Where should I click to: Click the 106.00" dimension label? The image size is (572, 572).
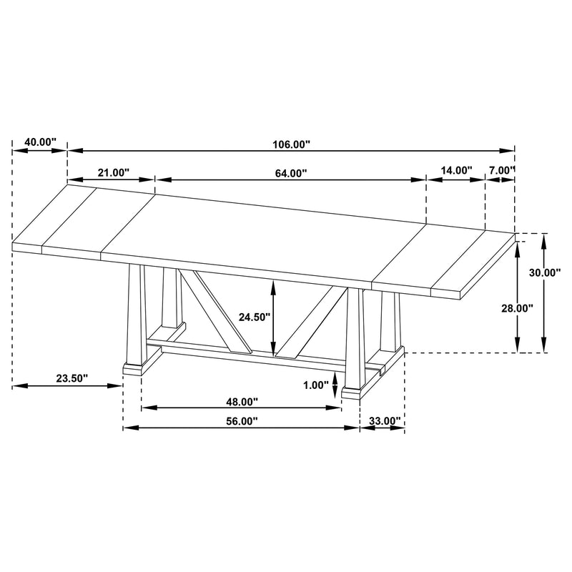pyautogui.click(x=290, y=144)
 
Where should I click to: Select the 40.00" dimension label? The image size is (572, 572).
pyautogui.click(x=40, y=142)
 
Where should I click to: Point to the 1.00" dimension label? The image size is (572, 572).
pyautogui.click(x=315, y=385)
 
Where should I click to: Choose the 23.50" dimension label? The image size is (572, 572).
pyautogui.click(x=71, y=378)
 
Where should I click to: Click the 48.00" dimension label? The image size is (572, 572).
pyautogui.click(x=242, y=402)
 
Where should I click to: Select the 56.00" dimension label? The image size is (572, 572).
pyautogui.click(x=242, y=421)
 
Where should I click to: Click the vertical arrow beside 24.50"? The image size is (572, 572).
pyautogui.click(x=272, y=317)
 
